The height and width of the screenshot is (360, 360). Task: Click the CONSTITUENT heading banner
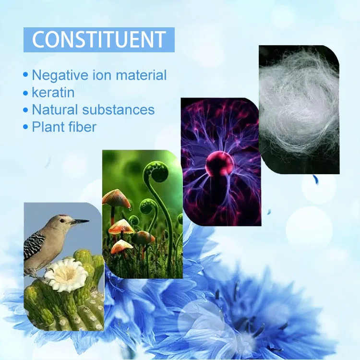pyautogui.click(x=99, y=40)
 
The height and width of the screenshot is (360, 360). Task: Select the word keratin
pyautogui.click(x=53, y=92)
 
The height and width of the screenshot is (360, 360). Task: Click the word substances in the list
pyautogui.click(x=119, y=109)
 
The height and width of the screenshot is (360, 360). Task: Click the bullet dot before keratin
pyautogui.click(x=25, y=93)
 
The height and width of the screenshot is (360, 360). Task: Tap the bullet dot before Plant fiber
pyautogui.click(x=25, y=127)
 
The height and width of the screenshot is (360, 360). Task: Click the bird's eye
pyautogui.click(x=62, y=221)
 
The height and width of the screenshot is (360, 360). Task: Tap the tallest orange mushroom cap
pyautogui.click(x=116, y=197)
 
